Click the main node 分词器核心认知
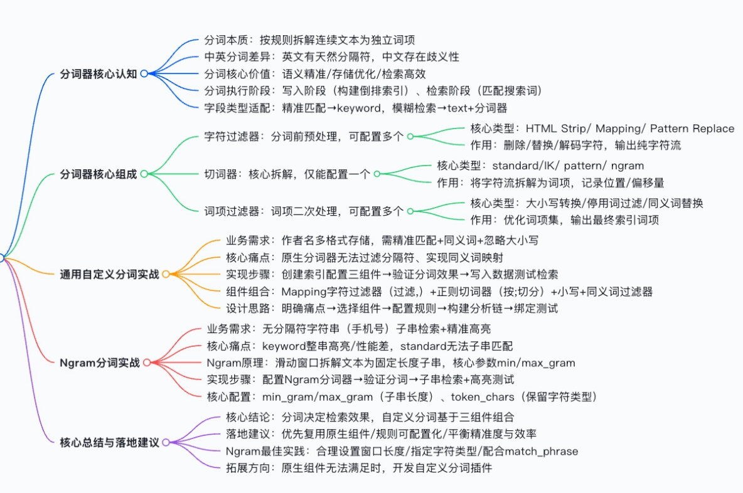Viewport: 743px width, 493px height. click(99, 74)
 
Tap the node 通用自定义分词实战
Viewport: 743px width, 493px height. click(109, 274)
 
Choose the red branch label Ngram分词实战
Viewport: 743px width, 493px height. click(100, 363)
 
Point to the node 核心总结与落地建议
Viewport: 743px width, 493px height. click(109, 442)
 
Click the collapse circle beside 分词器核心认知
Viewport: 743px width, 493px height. click(144, 73)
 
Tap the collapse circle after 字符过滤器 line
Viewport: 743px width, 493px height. click(410, 136)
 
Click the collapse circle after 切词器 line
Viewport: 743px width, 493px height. click(377, 174)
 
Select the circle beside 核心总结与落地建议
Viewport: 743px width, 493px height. click(166, 442)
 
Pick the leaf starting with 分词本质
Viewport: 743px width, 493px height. click(309, 40)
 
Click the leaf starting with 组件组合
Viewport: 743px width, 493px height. click(439, 291)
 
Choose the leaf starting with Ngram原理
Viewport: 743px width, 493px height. click(391, 363)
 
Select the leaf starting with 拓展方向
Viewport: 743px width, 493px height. click(358, 468)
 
